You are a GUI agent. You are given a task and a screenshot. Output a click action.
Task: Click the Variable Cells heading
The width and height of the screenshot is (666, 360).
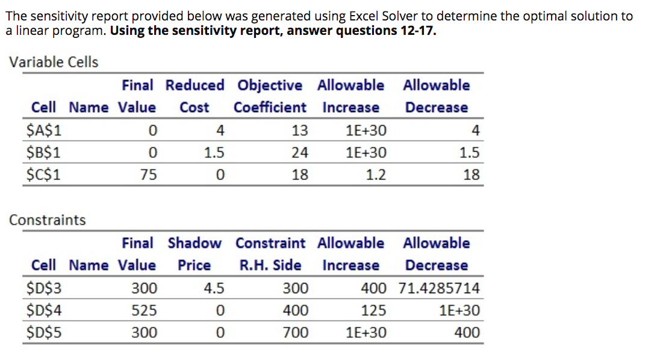[54, 62]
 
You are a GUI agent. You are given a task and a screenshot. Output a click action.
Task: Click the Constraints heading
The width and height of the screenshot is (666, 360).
[48, 220]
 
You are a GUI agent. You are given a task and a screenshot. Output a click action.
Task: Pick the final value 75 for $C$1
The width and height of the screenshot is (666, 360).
[149, 175]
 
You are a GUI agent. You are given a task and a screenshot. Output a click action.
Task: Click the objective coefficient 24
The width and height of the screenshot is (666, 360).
[299, 152]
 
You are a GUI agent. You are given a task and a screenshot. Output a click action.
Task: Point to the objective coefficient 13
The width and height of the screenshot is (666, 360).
[299, 130]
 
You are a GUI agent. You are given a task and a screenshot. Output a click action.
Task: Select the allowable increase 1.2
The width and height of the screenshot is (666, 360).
[376, 175]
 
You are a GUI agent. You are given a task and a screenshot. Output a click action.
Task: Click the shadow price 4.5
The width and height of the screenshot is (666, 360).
[214, 288]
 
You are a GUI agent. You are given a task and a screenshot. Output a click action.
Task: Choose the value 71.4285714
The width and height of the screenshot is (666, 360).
[439, 288]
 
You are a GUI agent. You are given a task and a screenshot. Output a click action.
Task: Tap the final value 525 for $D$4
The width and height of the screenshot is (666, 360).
[145, 310]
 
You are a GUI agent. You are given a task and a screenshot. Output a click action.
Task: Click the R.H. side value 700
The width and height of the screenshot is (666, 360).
[296, 332]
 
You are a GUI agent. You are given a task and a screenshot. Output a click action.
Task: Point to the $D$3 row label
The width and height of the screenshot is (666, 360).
[45, 288]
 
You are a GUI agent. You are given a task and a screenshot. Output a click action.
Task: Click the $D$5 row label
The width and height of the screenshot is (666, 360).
[45, 332]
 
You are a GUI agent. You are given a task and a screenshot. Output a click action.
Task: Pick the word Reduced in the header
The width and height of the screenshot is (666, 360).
[195, 85]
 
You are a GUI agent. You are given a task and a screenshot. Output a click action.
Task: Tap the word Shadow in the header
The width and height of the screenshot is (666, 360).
[195, 243]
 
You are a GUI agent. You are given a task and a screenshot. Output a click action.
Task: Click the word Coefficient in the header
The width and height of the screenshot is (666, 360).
[270, 107]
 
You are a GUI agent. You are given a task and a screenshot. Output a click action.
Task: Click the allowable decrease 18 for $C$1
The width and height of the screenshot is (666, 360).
[471, 175]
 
